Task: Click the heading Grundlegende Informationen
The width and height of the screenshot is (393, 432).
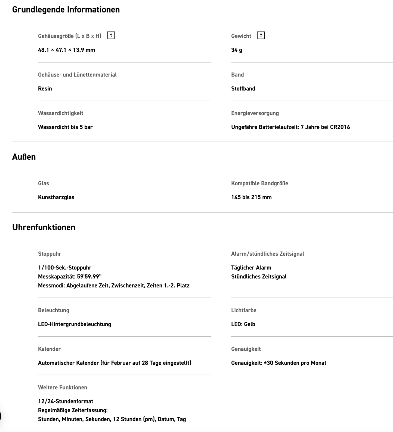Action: (66, 10)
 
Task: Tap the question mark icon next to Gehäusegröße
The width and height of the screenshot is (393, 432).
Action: (111, 35)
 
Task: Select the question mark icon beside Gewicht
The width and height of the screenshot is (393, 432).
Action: (261, 35)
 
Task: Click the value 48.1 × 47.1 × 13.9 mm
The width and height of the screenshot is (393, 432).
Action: (66, 50)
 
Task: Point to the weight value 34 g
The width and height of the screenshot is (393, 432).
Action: (236, 50)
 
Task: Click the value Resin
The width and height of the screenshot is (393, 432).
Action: (45, 88)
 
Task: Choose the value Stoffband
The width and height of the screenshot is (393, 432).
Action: (243, 88)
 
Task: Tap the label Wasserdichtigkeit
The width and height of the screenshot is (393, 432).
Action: (60, 113)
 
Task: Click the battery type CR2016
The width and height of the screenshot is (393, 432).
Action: (340, 127)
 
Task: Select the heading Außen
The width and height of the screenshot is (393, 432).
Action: (24, 157)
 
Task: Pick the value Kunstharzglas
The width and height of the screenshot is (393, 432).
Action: (56, 197)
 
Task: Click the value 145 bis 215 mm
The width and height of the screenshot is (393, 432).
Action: (251, 197)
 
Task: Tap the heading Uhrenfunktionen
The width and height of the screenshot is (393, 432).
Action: (44, 227)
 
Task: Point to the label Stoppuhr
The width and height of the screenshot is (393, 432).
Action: (49, 254)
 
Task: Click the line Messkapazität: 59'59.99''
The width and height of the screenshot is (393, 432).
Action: (70, 277)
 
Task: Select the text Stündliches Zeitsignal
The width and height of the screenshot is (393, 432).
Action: (259, 277)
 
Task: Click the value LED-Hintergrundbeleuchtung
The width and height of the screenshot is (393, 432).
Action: (75, 324)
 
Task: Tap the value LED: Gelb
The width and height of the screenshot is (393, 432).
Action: (243, 324)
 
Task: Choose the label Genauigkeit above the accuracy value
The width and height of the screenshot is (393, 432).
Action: (246, 349)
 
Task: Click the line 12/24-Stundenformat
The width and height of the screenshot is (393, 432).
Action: (66, 401)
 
